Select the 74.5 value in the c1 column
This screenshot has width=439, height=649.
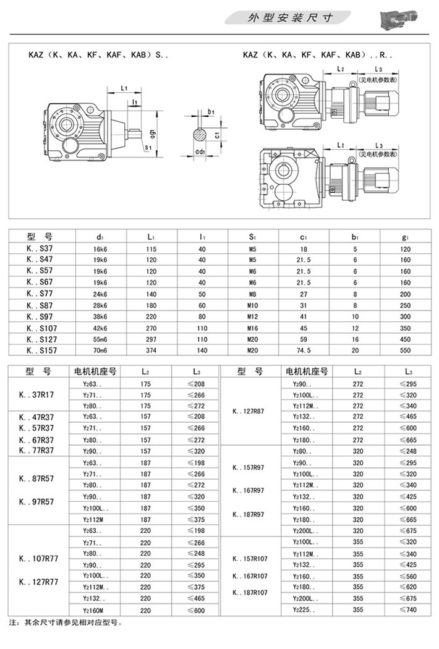[303, 350]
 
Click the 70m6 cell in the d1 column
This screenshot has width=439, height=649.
[100, 350]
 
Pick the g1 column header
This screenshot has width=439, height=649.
[405, 236]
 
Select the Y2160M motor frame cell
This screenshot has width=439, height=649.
[95, 609]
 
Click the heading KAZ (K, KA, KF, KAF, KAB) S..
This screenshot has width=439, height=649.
[98, 54]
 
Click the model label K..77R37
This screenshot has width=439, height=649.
[36, 450]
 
